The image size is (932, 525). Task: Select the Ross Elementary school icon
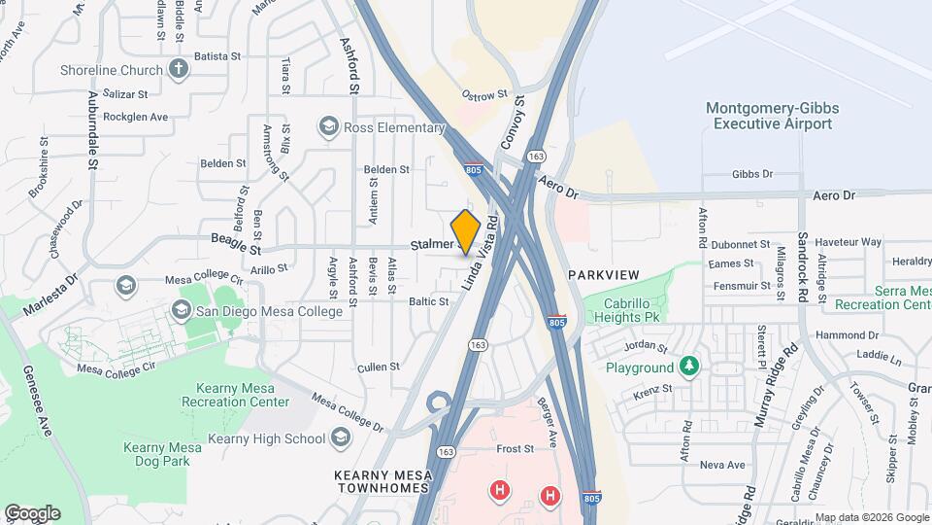[329, 127]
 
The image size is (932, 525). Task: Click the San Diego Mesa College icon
[181, 310]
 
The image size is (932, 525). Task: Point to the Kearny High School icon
[340, 437]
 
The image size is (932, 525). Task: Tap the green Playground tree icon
[689, 367]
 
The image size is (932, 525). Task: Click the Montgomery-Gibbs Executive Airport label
[772, 116]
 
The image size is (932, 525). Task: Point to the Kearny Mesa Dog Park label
[162, 454]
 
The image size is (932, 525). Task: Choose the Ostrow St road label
[484, 95]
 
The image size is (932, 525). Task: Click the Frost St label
[516, 449]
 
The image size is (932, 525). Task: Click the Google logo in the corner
[32, 512]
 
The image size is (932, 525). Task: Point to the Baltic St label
[428, 301]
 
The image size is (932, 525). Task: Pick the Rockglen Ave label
[136, 117]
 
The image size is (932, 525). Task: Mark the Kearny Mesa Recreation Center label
[234, 395]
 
